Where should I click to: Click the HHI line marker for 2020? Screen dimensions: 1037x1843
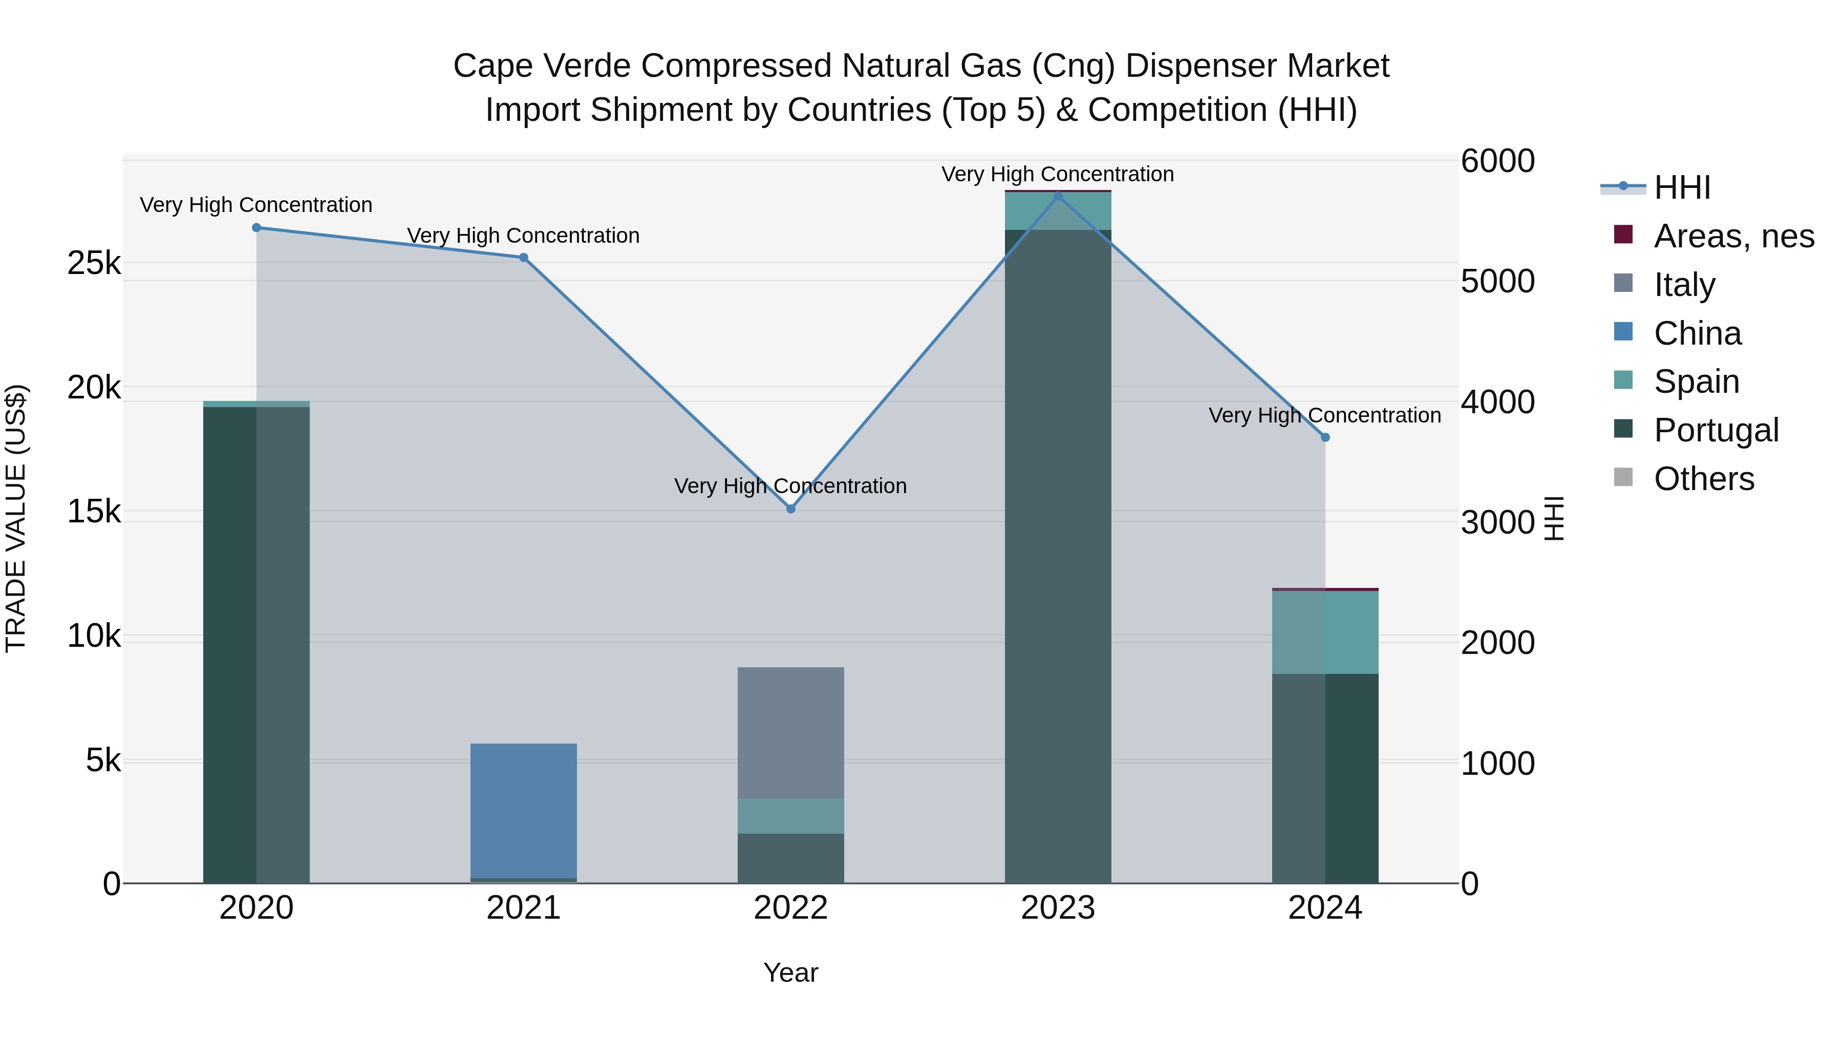coord(256,227)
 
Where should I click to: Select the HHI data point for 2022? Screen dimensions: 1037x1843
coord(790,509)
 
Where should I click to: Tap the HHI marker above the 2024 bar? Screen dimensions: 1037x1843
coord(1325,437)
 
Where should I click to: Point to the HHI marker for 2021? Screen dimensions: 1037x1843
coord(524,258)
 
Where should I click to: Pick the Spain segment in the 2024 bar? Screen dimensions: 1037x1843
coord(1325,632)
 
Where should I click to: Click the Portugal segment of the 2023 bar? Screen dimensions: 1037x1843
coord(1058,558)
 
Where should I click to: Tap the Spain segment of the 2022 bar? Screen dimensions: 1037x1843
coord(790,816)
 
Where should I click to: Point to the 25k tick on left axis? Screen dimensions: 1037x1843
coord(94,263)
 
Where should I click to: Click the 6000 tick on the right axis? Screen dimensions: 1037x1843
coord(1497,161)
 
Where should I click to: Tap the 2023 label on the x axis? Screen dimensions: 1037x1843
coord(1058,908)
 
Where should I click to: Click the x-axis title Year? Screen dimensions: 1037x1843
coord(790,972)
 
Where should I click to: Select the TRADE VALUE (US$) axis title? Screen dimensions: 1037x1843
coord(16,518)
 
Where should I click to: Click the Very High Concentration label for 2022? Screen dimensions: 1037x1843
coord(790,486)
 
